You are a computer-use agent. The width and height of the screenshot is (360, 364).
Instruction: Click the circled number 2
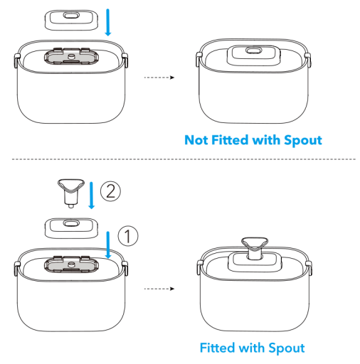[110, 191]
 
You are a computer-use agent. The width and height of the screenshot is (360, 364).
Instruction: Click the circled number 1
[128, 236]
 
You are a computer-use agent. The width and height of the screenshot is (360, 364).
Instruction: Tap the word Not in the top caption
[196, 140]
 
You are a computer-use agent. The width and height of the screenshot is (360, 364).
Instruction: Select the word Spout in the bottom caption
[287, 348]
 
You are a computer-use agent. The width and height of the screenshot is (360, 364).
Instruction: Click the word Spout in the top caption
[303, 141]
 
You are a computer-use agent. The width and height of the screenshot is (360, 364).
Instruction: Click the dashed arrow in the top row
[159, 77]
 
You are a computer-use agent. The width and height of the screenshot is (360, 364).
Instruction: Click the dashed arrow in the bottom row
[159, 289]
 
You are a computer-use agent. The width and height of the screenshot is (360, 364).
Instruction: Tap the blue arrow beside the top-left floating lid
[108, 22]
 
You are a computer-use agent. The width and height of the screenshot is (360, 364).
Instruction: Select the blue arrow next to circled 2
[91, 196]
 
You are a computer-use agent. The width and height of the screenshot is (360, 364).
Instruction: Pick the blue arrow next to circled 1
[108, 245]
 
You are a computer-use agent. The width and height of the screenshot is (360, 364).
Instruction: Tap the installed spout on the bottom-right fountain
[255, 248]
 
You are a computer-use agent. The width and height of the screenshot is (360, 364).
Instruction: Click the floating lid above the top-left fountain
[71, 20]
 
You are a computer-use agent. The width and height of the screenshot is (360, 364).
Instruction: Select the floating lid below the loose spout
[71, 228]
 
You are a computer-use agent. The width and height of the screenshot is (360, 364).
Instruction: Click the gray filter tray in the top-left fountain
[71, 56]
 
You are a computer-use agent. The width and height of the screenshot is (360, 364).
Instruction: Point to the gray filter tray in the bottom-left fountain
[71, 264]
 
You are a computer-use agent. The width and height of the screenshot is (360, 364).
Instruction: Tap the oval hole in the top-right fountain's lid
[254, 50]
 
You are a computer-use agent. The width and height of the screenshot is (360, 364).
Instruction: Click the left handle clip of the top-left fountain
[17, 60]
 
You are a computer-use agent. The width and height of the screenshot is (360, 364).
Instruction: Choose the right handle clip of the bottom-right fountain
[308, 267]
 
